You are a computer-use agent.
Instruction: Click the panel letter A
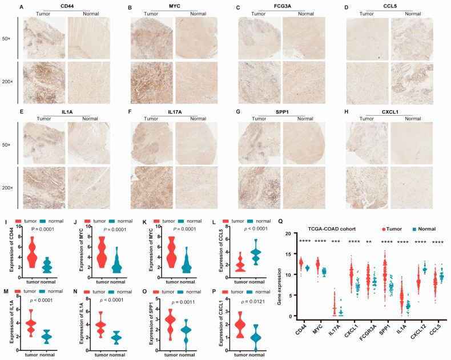pyautogui.click(x=22, y=6)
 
